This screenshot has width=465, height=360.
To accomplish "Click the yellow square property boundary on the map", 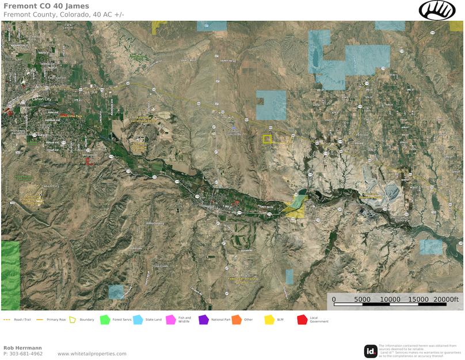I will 267,139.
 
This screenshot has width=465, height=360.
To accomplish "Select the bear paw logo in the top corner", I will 437,10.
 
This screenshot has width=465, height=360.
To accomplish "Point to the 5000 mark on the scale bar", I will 362,300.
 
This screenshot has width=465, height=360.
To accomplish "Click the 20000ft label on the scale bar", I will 446,300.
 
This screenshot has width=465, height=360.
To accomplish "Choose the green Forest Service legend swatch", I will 105,320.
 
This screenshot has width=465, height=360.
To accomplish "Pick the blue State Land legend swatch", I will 138,320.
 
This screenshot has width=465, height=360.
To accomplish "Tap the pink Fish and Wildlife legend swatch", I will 171,320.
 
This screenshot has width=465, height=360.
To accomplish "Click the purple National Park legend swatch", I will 203,320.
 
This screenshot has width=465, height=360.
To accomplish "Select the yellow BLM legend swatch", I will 269,320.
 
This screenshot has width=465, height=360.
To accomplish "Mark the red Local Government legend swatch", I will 302,320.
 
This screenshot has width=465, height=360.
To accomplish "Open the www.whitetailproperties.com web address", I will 92,354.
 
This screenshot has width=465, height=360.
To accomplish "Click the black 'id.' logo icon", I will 371,351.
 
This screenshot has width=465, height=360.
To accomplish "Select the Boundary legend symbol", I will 73,320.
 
